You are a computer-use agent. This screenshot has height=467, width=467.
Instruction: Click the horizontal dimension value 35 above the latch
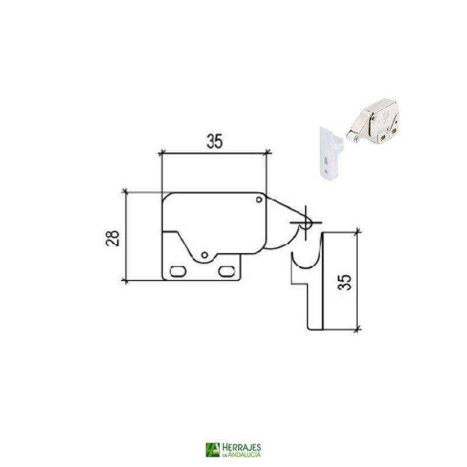(x=214, y=141)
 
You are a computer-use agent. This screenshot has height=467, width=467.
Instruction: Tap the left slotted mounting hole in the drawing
(x=177, y=270)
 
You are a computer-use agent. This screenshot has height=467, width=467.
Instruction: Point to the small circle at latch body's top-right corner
(x=258, y=200)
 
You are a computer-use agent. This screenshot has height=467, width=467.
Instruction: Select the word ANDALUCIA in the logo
(x=244, y=454)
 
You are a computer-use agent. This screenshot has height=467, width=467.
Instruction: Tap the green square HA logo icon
(x=212, y=449)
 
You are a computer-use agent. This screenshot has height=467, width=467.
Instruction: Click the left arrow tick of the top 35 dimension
(x=161, y=153)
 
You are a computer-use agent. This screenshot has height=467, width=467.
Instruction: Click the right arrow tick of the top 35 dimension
(x=267, y=153)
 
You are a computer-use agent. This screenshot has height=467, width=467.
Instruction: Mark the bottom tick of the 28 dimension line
(x=125, y=280)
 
